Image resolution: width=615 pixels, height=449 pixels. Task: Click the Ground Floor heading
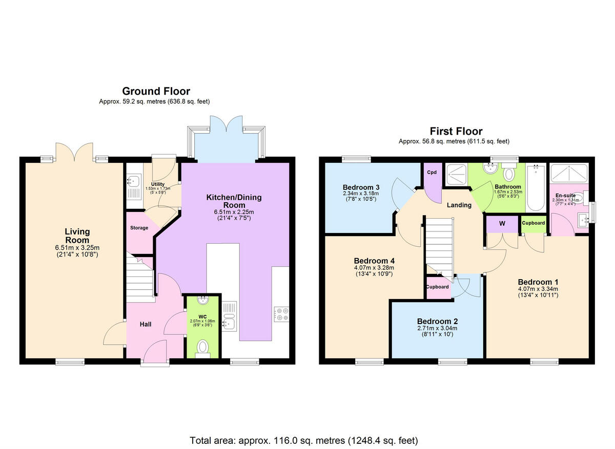pyautogui.click(x=156, y=92)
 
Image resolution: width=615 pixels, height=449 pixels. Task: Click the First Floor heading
pyautogui.click(x=456, y=131)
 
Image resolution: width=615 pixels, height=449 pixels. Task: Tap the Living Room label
pyautogui.click(x=77, y=236)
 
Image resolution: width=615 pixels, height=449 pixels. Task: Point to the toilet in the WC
pyautogui.click(x=203, y=347)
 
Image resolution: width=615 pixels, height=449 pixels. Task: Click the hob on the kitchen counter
pyautogui.click(x=282, y=313)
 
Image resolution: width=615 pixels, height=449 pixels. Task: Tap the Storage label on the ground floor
pyautogui.click(x=139, y=228)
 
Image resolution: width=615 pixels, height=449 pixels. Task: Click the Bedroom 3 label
pyautogui.click(x=361, y=186)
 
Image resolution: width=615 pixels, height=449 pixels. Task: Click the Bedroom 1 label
pyautogui.click(x=538, y=282)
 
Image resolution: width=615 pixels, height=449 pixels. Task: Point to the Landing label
pyautogui.click(x=459, y=205)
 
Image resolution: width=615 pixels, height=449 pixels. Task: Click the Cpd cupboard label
pyautogui.click(x=432, y=173)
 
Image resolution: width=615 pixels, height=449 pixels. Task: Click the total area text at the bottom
pyautogui.click(x=304, y=440)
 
